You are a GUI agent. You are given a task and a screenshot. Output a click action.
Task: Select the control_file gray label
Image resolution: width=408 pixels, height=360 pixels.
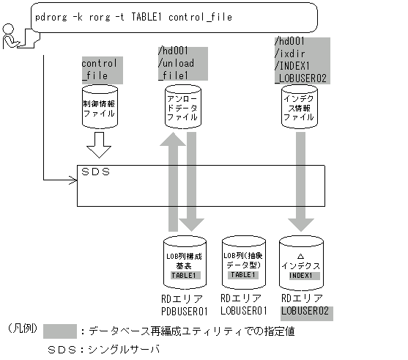pyautogui.click(x=99, y=69)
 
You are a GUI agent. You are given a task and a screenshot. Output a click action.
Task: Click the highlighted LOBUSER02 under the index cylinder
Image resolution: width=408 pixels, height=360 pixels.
pyautogui.click(x=305, y=312)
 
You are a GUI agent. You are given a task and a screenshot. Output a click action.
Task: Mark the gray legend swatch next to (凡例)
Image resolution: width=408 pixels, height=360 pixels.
pyautogui.click(x=62, y=330)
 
